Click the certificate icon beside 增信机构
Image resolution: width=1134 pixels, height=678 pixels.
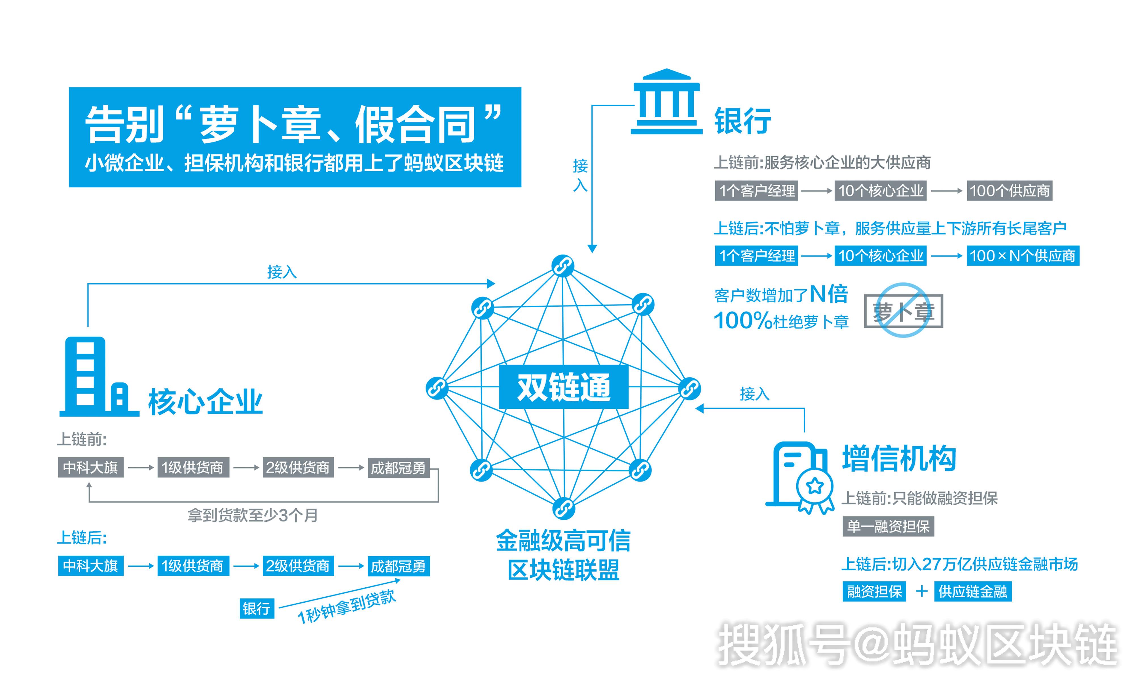[800, 478]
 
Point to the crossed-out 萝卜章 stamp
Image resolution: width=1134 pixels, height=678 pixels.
[903, 311]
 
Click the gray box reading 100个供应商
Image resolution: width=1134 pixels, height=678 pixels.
[1010, 191]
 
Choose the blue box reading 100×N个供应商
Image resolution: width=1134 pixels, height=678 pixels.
[1023, 255]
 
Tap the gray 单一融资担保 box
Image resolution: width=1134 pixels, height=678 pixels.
[888, 526]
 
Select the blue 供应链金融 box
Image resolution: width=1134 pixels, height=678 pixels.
[973, 592]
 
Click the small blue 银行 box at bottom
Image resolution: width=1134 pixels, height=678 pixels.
[257, 609]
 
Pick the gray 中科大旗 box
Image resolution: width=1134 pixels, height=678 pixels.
[90, 467]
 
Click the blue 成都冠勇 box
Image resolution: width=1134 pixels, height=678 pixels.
[398, 566]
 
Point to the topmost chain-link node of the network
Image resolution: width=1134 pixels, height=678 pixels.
[563, 266]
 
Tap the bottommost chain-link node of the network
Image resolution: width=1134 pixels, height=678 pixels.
[564, 508]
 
